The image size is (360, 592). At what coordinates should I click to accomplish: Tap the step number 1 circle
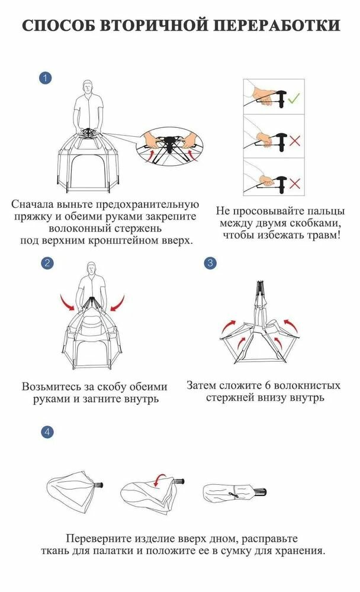tap(44, 78)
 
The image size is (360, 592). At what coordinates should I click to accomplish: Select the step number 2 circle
tap(48, 263)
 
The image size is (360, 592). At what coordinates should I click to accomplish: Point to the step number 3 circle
tap(209, 263)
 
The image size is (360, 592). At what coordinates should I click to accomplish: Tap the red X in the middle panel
tap(310, 141)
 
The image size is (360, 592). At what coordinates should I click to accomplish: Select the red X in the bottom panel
tap(310, 184)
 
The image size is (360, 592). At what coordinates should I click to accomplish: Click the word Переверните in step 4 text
tap(98, 539)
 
